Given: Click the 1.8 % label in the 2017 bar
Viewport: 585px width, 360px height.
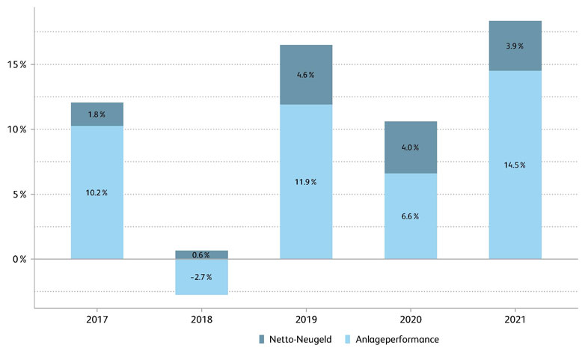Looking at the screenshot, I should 97,115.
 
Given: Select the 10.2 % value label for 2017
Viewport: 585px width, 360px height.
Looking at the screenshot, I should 97,193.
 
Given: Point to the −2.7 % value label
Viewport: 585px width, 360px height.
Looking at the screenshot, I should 200,277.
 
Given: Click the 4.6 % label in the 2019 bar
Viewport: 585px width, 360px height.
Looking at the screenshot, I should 306,75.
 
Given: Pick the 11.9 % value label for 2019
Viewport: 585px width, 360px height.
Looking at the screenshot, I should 306,182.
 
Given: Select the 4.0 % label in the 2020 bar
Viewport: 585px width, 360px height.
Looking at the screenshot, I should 411,147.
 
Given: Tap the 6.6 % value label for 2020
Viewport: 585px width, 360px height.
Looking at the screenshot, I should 411,216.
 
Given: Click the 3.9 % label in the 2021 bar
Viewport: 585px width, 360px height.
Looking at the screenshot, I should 515,46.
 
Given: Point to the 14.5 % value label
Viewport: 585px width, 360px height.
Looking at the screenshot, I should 515,165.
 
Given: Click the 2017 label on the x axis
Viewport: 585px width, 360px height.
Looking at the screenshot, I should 97,320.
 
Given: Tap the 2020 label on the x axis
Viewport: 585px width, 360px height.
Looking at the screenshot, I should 411,320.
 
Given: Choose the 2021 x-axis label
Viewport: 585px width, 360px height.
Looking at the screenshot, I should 515,320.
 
